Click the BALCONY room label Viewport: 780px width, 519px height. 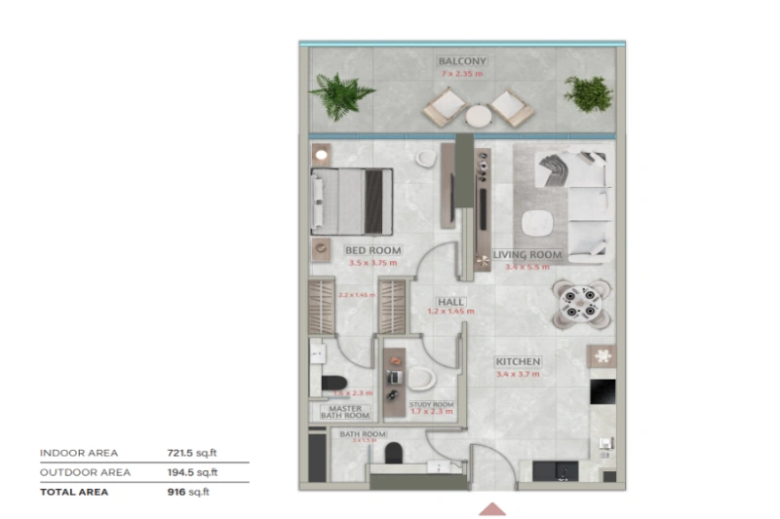461,61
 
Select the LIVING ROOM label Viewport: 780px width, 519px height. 527,255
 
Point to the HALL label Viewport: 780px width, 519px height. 450,302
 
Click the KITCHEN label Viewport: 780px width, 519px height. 518,362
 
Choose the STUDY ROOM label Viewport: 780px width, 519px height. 431,403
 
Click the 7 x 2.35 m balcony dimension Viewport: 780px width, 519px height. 461,73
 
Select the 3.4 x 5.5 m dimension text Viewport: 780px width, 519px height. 527,266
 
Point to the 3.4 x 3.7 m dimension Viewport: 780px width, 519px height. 518,374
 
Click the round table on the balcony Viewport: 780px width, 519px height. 479,115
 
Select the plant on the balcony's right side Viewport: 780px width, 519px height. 588,93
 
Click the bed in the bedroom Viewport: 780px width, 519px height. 351,201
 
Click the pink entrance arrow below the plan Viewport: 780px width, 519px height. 491,508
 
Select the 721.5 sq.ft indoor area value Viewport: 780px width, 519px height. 192,453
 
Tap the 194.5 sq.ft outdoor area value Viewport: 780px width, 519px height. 192,472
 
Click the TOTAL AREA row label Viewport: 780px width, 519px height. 74,492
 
